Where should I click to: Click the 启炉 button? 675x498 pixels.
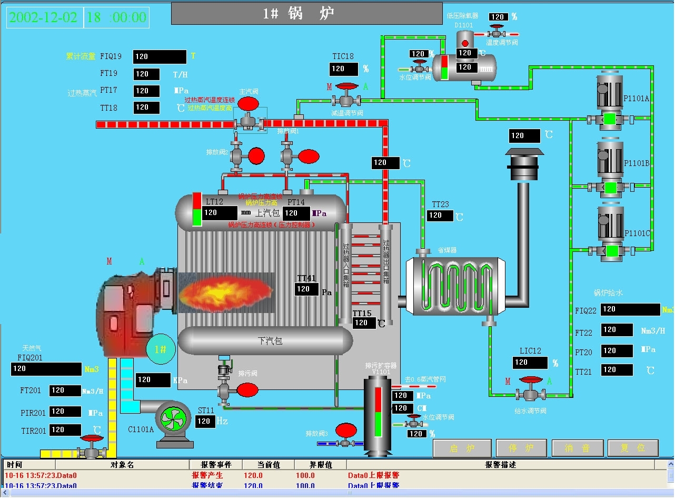462,448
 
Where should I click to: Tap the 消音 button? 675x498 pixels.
577,448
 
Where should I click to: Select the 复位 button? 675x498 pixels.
633,448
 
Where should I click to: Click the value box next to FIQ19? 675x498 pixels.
160,57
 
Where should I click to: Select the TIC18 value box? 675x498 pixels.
343,69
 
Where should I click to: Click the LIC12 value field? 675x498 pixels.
530,363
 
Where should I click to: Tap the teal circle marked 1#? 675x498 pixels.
160,349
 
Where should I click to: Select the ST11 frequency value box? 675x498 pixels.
204,422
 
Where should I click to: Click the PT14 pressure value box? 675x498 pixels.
296,213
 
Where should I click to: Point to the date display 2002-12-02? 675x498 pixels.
43,17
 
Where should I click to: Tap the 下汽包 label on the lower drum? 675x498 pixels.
270,341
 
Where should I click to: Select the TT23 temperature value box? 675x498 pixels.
440,215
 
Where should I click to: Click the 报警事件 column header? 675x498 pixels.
215,465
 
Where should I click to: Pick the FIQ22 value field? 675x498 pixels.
630,309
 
